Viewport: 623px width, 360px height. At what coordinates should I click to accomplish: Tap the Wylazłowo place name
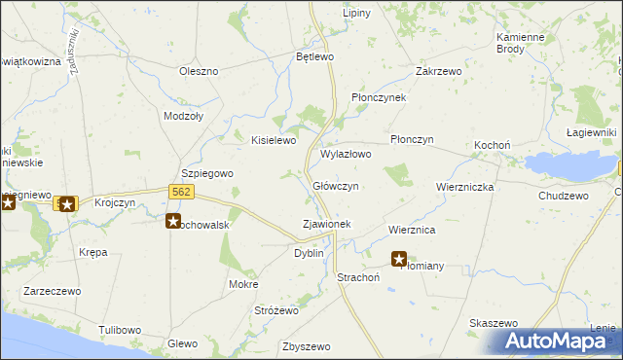[346, 154]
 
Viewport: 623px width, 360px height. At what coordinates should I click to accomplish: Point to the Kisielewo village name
[274, 140]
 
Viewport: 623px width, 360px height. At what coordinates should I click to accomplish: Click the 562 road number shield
[179, 192]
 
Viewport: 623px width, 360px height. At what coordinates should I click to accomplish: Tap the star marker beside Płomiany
[399, 259]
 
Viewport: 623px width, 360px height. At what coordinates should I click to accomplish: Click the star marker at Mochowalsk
[172, 221]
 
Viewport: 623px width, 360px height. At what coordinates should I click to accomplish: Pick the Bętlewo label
[315, 57]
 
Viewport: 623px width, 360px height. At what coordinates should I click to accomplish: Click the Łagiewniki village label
[592, 132]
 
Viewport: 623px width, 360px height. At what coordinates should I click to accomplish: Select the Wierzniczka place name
[465, 186]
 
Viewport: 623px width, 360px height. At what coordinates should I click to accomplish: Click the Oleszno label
[199, 71]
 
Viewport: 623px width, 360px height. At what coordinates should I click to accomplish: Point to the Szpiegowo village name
[208, 173]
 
